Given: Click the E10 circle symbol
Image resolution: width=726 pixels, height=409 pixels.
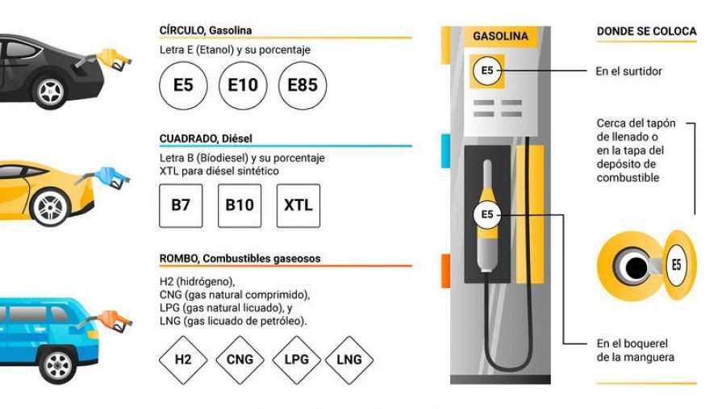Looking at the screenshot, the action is coord(243,86).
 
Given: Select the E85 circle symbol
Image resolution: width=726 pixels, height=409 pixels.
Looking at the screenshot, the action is coord(302,86).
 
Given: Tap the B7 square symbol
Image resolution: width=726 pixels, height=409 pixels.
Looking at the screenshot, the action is coord(181,206).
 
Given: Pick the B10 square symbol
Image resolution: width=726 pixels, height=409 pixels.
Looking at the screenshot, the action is coord(240,206).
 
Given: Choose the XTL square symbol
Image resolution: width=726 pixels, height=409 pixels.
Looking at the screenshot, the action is coord(298,206).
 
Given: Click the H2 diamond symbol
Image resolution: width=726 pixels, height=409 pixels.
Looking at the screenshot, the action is coord(183,360).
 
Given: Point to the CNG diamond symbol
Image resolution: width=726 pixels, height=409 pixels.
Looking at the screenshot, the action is coord(240,360).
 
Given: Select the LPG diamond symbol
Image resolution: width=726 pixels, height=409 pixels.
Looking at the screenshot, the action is coord(296,360).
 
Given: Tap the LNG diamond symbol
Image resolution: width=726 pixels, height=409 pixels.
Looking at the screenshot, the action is coord(349,360).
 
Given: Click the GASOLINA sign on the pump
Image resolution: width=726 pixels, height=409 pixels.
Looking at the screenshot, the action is coord(500,36).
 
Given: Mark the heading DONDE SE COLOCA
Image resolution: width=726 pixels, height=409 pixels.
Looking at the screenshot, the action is coord(646,31).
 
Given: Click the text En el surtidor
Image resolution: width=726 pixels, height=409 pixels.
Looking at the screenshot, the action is coord(628,71).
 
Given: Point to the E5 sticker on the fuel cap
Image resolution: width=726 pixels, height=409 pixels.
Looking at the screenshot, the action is coord(677,265).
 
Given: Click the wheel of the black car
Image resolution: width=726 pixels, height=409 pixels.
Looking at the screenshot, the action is coord(50,91).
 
